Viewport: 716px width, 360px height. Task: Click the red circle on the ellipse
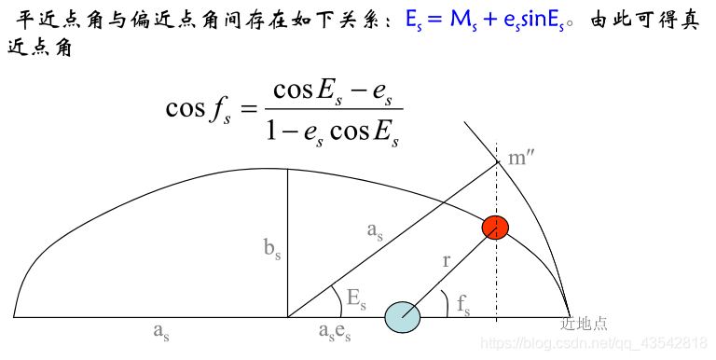(x=495, y=227)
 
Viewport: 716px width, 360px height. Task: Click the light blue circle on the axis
(x=403, y=317)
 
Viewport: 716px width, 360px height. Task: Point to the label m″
(x=520, y=158)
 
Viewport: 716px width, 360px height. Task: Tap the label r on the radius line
(x=446, y=262)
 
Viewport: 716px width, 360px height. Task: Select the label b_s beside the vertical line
(x=271, y=251)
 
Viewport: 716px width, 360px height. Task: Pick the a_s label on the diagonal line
(x=375, y=229)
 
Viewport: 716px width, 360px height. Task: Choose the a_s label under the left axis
(x=162, y=330)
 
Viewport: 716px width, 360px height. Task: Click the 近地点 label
(x=584, y=325)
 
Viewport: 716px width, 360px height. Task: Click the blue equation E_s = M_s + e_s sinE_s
(x=483, y=21)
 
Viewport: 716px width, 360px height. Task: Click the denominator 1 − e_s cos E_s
(x=332, y=132)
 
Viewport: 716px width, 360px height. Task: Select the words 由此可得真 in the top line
(x=643, y=21)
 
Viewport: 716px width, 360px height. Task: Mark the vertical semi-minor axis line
(x=287, y=242)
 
